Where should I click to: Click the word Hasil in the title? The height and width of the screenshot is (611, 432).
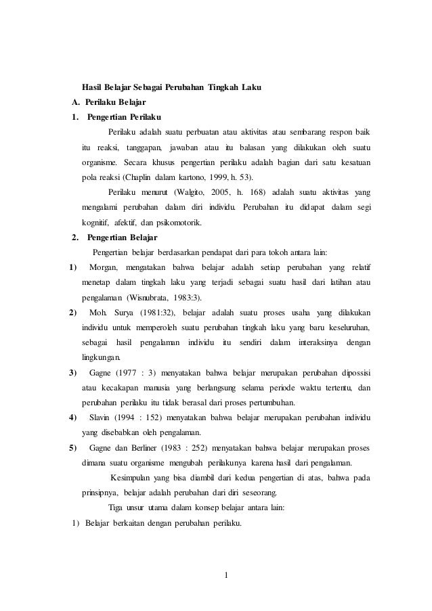[93, 88]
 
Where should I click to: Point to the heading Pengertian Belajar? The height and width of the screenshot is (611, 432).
[117, 237]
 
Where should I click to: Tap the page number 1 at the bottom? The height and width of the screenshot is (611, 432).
[227, 576]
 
